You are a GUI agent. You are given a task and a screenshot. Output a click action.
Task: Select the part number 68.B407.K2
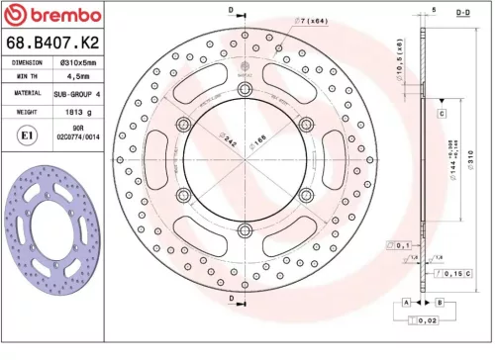(x=50, y=43)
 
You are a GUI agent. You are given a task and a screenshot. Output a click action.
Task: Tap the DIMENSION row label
(x=26, y=61)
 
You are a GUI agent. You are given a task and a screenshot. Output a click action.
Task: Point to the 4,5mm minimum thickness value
(x=75, y=75)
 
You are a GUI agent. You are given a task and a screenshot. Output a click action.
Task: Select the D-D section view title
(x=462, y=11)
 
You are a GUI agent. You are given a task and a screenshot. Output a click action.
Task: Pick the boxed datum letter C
(x=440, y=115)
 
